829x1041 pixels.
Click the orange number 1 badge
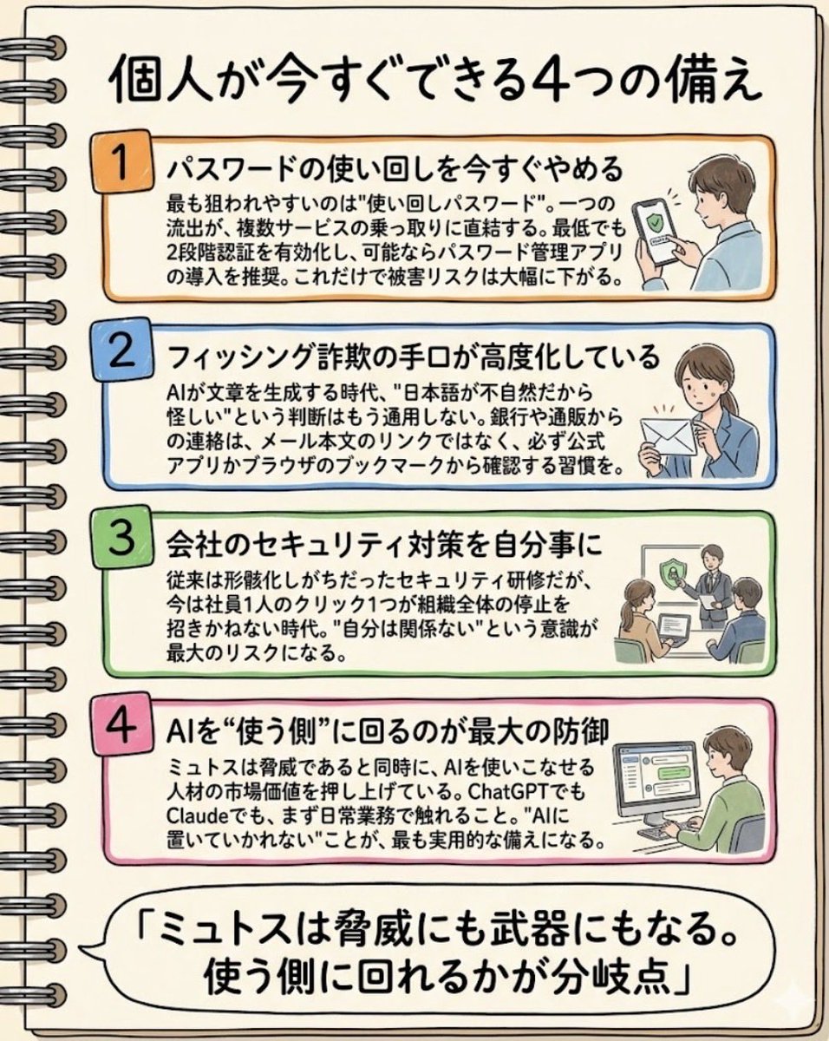click(121, 161)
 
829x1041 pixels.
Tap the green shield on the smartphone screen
click(655, 223)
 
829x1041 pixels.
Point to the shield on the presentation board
click(671, 573)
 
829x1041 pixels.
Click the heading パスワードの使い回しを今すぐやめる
click(395, 169)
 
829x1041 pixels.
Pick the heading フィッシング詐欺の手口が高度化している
click(414, 357)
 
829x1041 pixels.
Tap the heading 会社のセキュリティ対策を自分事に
click(385, 545)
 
